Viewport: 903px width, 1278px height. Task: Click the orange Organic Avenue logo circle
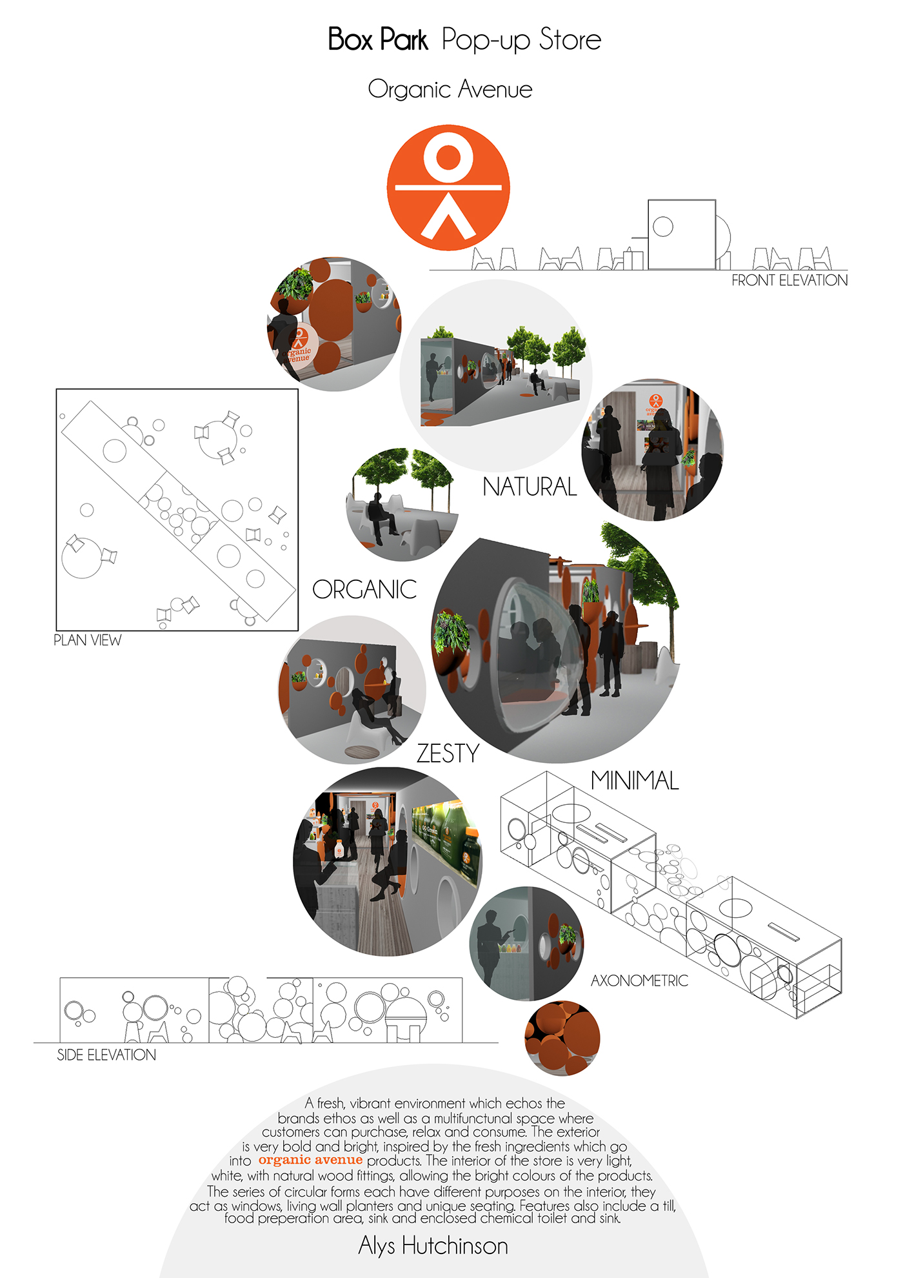pos(448,187)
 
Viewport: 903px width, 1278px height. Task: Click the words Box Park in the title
pos(377,39)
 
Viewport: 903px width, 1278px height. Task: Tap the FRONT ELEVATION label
pos(789,280)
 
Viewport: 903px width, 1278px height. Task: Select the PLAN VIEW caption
pos(87,640)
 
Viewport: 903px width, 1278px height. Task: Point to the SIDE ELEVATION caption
pos(106,1055)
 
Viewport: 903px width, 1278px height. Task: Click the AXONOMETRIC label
pos(639,980)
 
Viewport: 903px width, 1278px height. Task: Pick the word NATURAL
pos(530,487)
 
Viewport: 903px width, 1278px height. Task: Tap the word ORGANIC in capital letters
pos(364,589)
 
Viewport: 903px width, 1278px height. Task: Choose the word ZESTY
pos(448,753)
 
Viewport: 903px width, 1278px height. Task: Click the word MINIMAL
pos(635,780)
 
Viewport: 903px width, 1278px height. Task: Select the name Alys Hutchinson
pos(433,1245)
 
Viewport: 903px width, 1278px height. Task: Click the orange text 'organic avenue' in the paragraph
pos(310,1160)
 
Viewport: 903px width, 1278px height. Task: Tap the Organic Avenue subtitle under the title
pos(450,89)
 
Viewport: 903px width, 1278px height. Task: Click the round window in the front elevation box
pos(663,227)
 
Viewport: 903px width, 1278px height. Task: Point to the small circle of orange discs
pos(562,1038)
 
